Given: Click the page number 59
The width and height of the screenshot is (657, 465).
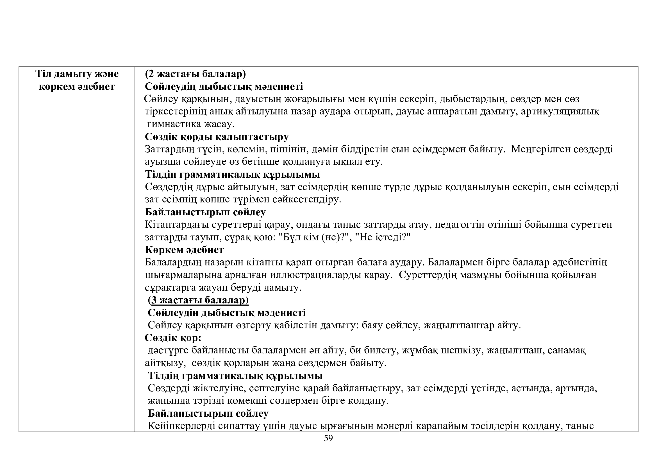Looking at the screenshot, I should point(328,447).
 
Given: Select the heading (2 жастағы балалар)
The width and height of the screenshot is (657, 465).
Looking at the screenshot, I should point(195,74).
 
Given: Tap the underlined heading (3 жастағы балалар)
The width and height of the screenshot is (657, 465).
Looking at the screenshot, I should point(198,300).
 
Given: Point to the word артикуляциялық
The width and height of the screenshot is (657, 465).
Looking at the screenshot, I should point(560,111).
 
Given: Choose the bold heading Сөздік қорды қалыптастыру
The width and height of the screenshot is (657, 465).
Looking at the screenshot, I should point(217,137).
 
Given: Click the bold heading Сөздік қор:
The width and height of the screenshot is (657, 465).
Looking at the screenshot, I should point(173,338).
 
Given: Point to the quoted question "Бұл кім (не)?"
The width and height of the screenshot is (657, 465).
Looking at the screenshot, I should point(313,237).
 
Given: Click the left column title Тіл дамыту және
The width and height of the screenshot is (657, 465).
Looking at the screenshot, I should point(77,74).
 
